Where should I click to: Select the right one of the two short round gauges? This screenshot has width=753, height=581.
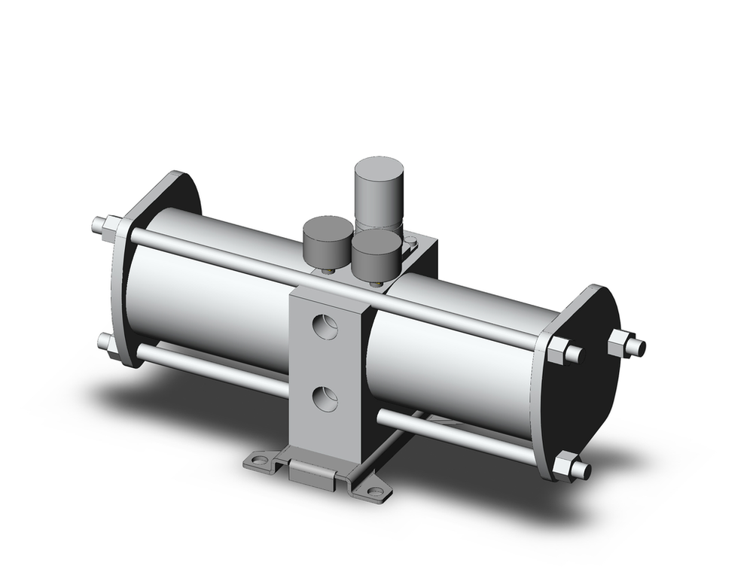point(376,253)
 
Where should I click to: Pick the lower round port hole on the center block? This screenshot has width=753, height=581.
point(325,397)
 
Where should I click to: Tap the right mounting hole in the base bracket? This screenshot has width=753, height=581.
point(374,492)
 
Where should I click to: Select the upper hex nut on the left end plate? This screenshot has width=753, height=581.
point(111,225)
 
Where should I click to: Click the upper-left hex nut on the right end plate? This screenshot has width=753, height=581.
point(557,350)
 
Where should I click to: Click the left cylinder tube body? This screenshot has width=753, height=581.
point(211,301)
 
